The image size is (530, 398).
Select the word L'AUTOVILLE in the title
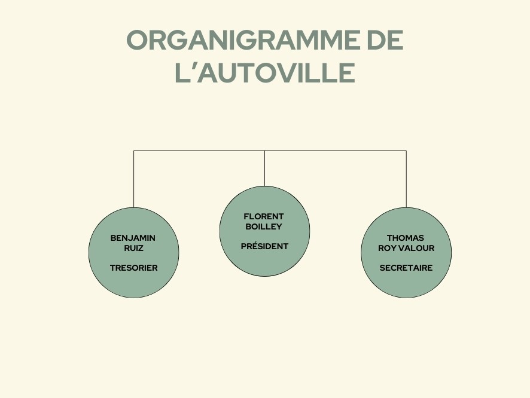[x=265, y=72]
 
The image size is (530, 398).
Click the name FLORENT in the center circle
[x=264, y=216]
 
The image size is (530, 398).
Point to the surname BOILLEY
[x=264, y=226]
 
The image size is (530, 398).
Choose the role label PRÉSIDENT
[x=264, y=246]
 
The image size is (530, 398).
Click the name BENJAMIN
[x=133, y=238]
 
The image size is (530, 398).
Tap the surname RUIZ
[x=133, y=248]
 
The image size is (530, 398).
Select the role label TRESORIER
[x=133, y=268]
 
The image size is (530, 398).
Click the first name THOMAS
[x=405, y=238]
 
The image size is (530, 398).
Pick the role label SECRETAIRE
[x=406, y=268]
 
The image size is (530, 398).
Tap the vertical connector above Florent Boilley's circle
[x=264, y=168]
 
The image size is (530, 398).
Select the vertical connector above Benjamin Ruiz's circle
[x=134, y=179]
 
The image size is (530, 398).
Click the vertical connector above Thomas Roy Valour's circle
[x=406, y=179]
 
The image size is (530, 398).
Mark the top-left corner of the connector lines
[x=134, y=151]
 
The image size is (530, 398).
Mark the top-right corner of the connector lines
[x=406, y=151]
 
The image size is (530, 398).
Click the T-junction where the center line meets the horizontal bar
[x=264, y=151]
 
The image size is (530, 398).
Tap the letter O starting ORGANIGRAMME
[x=137, y=40]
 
